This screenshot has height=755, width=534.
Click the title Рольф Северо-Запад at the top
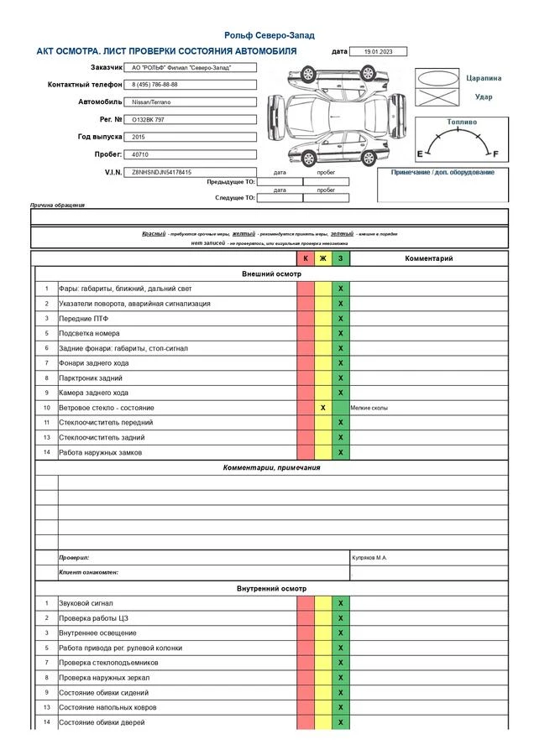click(x=270, y=35)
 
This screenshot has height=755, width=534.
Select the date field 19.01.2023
click(x=377, y=52)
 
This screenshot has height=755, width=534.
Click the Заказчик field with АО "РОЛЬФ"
click(x=190, y=68)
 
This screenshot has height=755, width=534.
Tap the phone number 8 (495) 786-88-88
click(x=190, y=85)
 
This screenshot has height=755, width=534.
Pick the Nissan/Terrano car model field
click(x=190, y=102)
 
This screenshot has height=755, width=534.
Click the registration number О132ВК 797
click(x=190, y=120)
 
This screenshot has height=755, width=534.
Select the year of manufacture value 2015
click(x=190, y=137)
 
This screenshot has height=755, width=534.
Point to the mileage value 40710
click(x=190, y=154)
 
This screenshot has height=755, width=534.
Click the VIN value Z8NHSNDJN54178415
click(x=190, y=172)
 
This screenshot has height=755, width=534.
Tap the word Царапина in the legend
click(x=484, y=78)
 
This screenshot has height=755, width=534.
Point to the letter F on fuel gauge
click(x=495, y=154)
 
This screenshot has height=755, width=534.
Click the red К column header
click(x=305, y=258)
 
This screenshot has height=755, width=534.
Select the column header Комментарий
click(x=428, y=258)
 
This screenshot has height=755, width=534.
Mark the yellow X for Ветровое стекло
click(x=322, y=408)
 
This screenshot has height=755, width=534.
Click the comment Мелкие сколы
click(x=369, y=408)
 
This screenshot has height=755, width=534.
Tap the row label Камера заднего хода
click(x=93, y=393)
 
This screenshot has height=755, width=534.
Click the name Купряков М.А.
click(x=369, y=557)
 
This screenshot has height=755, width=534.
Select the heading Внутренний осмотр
click(x=271, y=589)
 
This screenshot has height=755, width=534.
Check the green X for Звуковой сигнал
click(x=340, y=603)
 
